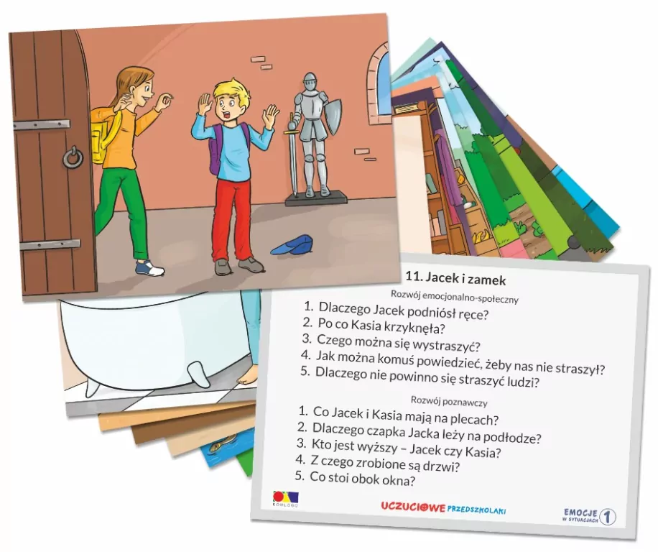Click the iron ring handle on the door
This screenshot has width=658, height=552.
72,157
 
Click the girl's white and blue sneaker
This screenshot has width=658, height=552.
150,267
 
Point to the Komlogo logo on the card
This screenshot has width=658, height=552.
284,498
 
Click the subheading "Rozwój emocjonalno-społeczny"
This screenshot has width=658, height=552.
454,295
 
